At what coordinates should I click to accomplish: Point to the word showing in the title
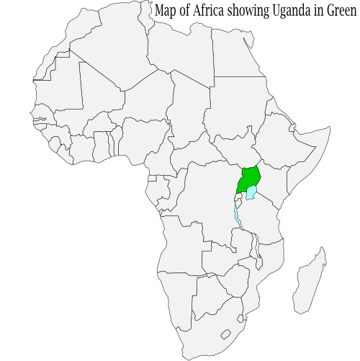[x=236, y=11]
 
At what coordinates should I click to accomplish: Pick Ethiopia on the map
[x=277, y=141]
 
